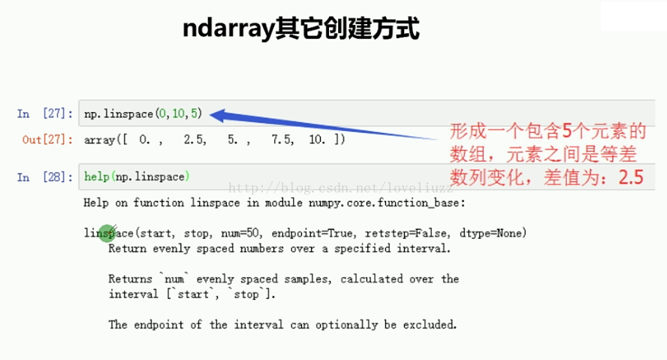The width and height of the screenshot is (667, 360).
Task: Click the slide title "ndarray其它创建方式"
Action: pos(301,29)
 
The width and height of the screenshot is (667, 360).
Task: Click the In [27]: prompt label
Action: pos(44,113)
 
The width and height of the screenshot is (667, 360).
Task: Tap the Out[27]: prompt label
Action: pos(47,140)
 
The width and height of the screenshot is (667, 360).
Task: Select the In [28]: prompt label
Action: pos(44,177)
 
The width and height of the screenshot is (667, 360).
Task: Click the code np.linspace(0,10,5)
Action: pos(143,113)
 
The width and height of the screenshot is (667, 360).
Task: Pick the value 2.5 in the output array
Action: pos(195,140)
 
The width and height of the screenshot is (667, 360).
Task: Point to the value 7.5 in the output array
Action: pos(282,140)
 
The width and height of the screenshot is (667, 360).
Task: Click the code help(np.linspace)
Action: pos(137,177)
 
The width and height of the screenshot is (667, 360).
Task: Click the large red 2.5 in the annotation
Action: pos(631,177)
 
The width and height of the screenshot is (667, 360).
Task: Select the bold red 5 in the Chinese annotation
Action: pos(566,131)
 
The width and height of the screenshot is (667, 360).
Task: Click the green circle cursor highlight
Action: pos(107,233)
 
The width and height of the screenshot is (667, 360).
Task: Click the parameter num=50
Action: pos(240,233)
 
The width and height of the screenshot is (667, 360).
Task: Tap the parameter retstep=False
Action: pos(406,233)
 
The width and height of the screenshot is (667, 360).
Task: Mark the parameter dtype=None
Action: pos(490,233)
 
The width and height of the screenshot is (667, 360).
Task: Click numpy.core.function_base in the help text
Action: pos(384,203)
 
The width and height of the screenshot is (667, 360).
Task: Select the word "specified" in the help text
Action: pos(363,249)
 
